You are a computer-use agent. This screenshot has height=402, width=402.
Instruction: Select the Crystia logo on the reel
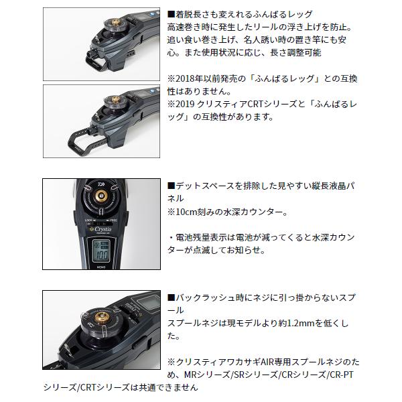[100, 226]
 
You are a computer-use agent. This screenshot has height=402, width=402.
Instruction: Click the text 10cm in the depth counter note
[187, 212]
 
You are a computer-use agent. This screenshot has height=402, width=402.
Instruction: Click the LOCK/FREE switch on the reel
[100, 218]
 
